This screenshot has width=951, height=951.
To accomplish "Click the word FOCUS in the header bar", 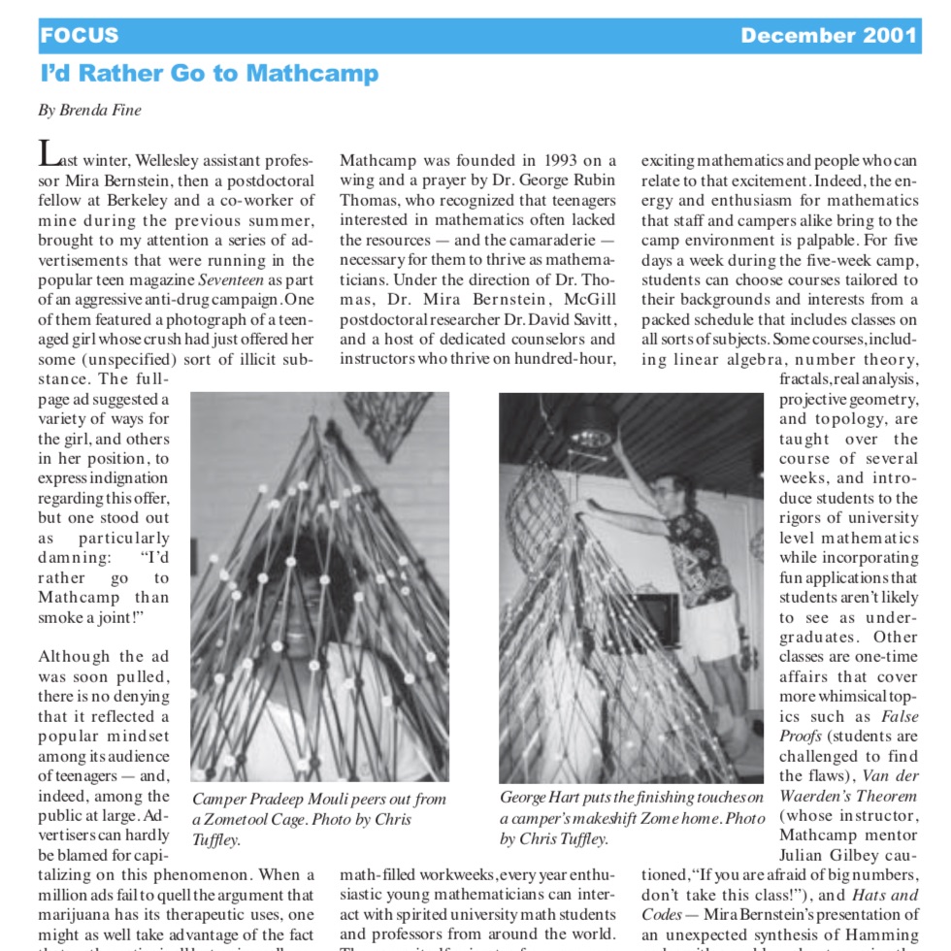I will [80, 36].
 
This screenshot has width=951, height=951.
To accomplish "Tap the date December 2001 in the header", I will [828, 36].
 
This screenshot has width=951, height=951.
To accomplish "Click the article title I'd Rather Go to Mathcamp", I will [210, 74].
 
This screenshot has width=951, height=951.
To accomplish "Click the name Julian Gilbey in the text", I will [825, 855].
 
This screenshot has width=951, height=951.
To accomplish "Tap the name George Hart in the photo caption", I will [542, 798].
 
